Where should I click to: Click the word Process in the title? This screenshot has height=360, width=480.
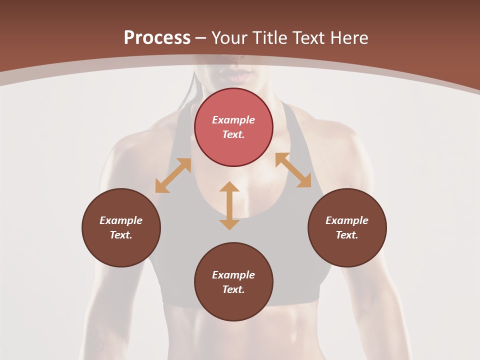157,38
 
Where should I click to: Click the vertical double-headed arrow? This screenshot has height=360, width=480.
229,205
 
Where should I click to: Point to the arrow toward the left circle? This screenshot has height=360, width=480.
173,175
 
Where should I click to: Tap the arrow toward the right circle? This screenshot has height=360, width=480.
293,170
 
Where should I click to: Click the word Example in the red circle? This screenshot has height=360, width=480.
233,120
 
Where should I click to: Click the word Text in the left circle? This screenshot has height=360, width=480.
121,235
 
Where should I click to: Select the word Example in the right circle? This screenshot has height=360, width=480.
347,220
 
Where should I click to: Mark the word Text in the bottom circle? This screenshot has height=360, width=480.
233,289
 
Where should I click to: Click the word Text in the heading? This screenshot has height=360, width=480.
311,38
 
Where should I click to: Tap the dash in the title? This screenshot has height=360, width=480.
201,38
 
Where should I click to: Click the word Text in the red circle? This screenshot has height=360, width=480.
233,134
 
